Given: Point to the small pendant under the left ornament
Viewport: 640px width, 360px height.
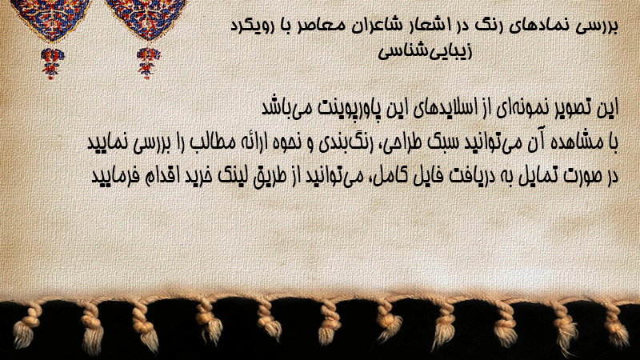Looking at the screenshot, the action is pyautogui.click(x=52, y=62).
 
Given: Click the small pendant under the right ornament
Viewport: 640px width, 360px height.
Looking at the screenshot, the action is pyautogui.click(x=148, y=62).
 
